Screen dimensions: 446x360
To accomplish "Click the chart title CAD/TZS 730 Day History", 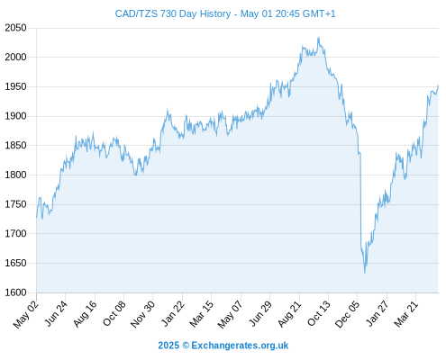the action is tap(173, 13).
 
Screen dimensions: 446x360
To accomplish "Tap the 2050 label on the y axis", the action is tap(15, 28).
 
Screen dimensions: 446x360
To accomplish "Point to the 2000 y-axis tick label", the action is tap(15, 57).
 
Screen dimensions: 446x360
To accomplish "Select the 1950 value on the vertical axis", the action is tap(15, 86).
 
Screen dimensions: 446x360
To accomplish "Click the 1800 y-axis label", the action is tap(15, 175).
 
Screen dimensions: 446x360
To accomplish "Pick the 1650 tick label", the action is tap(15, 263).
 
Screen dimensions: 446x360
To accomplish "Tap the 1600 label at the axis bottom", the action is tap(15, 292).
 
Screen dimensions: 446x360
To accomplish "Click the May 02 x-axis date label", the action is tap(26, 314).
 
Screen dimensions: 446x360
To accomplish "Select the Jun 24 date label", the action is tap(57, 313).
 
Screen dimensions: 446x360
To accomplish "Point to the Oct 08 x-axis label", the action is tap(114, 313).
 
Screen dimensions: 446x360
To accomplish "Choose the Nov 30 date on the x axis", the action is tap(142, 314).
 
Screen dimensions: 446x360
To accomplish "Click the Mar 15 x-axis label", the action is tap(202, 313).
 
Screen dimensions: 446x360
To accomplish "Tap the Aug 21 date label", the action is tap(289, 313).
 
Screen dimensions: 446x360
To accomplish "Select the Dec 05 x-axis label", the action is tap(347, 314).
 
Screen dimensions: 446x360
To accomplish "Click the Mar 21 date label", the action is tap(406, 313).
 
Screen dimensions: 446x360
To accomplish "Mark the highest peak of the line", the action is tap(319, 37).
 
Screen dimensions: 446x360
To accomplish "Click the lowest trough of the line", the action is tap(365, 273).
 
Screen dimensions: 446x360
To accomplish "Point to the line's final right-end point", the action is tap(439, 85).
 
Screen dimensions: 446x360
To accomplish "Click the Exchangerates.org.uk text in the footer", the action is tap(240, 346).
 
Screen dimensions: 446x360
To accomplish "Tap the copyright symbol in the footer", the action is tap(186, 346).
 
